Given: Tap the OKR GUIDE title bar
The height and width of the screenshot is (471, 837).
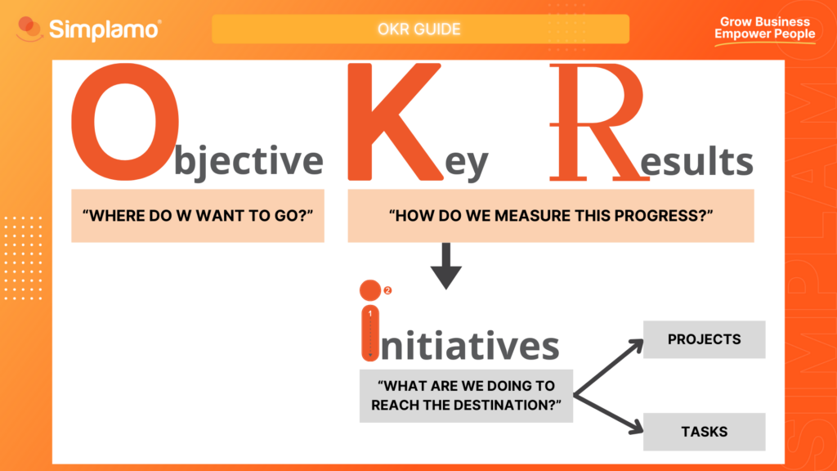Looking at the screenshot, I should [420, 29].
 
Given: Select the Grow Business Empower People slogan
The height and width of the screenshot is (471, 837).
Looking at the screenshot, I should [764, 29].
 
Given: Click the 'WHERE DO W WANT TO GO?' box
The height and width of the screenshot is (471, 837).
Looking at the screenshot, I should [198, 217].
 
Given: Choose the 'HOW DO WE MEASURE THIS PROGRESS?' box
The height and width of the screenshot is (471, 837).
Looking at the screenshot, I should [552, 217].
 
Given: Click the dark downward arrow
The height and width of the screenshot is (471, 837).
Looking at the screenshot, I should [446, 265].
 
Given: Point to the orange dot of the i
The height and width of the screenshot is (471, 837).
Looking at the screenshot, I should [369, 290].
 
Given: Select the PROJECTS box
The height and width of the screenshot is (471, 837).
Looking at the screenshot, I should [704, 339].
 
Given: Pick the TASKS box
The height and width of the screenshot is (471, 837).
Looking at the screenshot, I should [704, 431].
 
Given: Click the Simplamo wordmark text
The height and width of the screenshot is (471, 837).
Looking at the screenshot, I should [105, 31].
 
